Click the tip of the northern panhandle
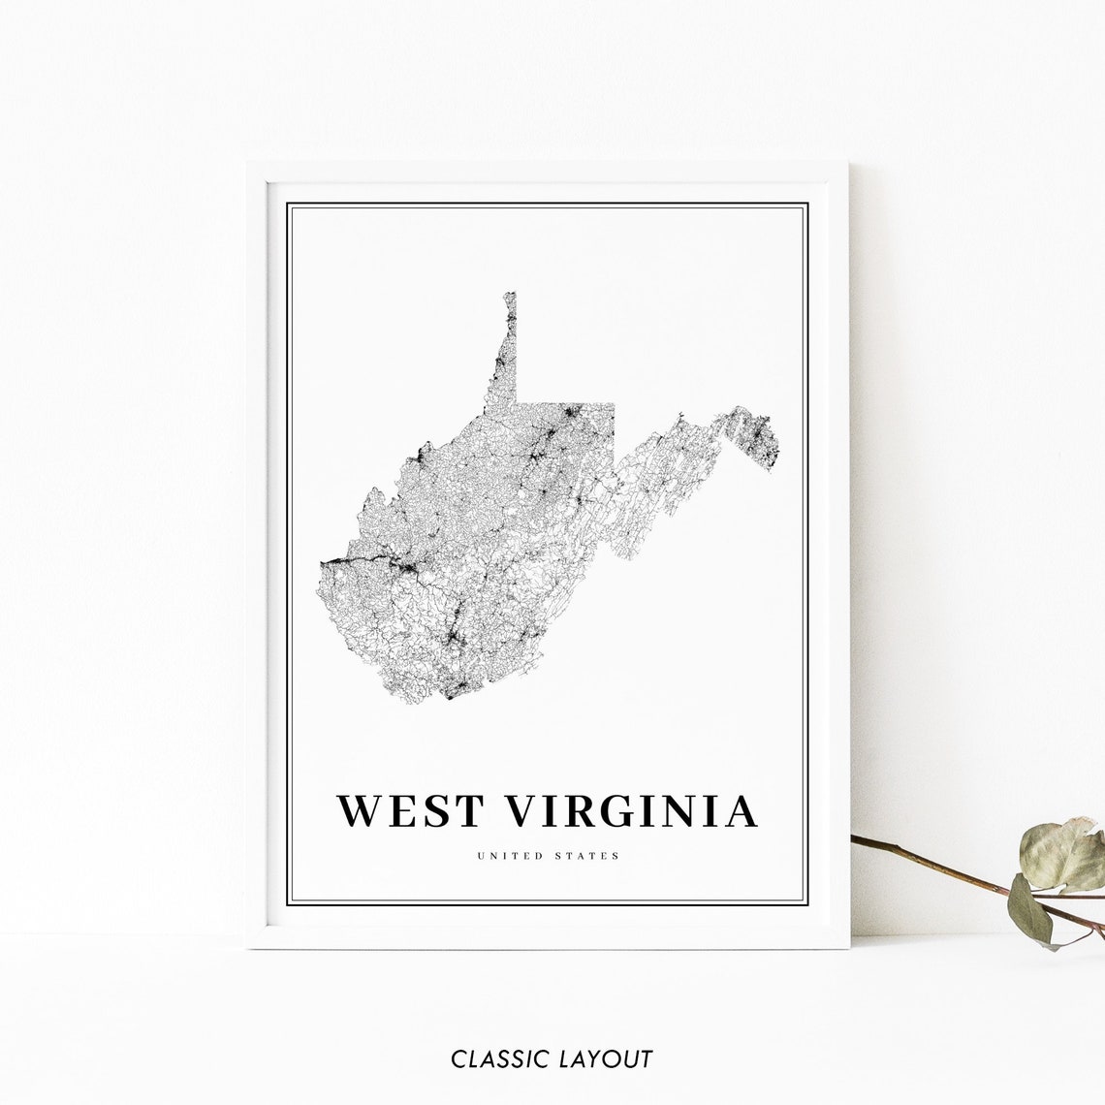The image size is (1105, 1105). click(x=510, y=294)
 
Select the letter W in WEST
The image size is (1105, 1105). click(x=358, y=811)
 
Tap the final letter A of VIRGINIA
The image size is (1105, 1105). click(x=741, y=811)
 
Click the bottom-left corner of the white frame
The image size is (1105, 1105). click(x=249, y=946)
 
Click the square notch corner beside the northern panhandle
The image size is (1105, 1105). click(x=517, y=401)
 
